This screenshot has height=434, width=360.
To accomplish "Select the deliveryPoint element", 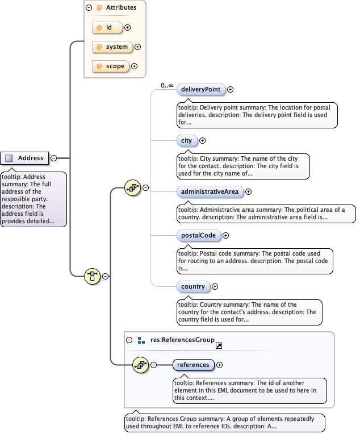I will click(x=201, y=89).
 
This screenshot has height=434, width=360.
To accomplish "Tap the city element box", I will click(x=186, y=140).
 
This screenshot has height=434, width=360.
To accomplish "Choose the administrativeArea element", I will click(x=210, y=191).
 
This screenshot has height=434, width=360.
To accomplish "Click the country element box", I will click(x=193, y=286).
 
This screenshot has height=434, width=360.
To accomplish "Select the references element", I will click(x=193, y=365).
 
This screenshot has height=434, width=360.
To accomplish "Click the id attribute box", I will click(x=107, y=27).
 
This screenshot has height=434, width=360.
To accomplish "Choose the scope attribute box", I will click(x=110, y=66).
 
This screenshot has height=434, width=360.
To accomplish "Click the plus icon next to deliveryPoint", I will click(x=231, y=89).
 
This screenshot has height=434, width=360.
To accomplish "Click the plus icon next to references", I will click(x=220, y=365).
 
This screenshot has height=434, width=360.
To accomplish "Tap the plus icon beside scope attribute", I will click(x=135, y=66).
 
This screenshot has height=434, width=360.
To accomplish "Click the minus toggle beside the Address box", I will click(x=53, y=158).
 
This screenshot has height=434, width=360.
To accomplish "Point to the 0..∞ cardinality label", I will click(x=167, y=85).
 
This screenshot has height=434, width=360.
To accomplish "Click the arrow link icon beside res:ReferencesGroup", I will click(x=219, y=345).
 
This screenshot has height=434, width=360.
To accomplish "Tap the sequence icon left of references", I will click(x=139, y=365).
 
